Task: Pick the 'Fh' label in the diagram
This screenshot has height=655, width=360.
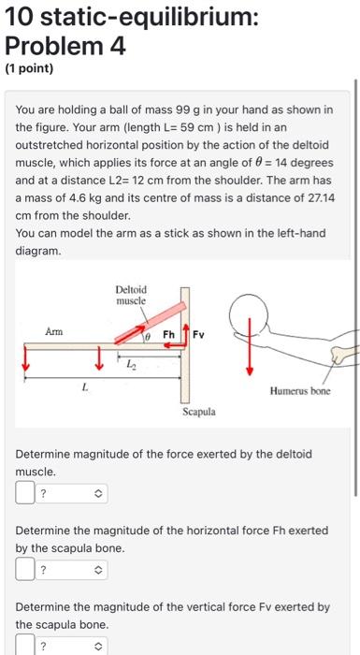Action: tap(168, 334)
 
